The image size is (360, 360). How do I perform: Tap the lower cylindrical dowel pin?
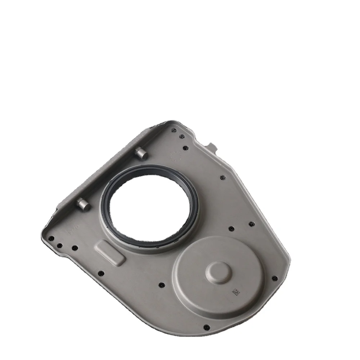pos(83,204)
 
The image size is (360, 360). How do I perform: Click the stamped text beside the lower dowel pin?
pos(74,230)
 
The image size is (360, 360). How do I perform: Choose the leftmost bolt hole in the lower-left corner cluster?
pos(51,238)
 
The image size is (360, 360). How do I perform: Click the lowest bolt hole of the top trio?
pos(185,147)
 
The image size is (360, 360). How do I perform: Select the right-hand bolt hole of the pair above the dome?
pos(251,224)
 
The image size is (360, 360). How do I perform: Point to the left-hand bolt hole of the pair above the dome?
pos(231,228)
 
